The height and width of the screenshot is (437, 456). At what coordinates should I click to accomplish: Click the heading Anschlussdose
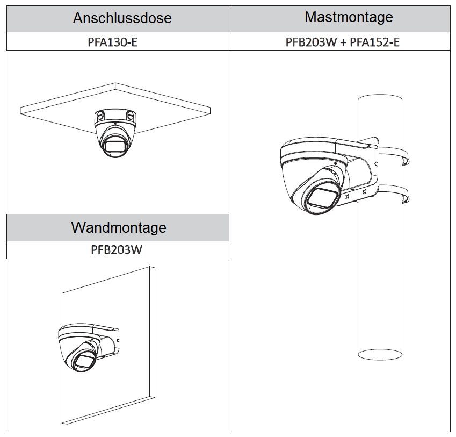[122, 18]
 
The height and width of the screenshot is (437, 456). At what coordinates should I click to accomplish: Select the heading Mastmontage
[349, 17]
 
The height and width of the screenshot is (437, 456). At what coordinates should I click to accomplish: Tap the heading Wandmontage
[118, 227]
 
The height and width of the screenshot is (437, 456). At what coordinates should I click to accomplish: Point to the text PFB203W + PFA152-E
[342, 41]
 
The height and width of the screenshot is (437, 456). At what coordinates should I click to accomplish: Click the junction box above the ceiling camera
[115, 116]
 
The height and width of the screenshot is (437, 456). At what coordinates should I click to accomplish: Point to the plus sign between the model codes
[343, 41]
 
